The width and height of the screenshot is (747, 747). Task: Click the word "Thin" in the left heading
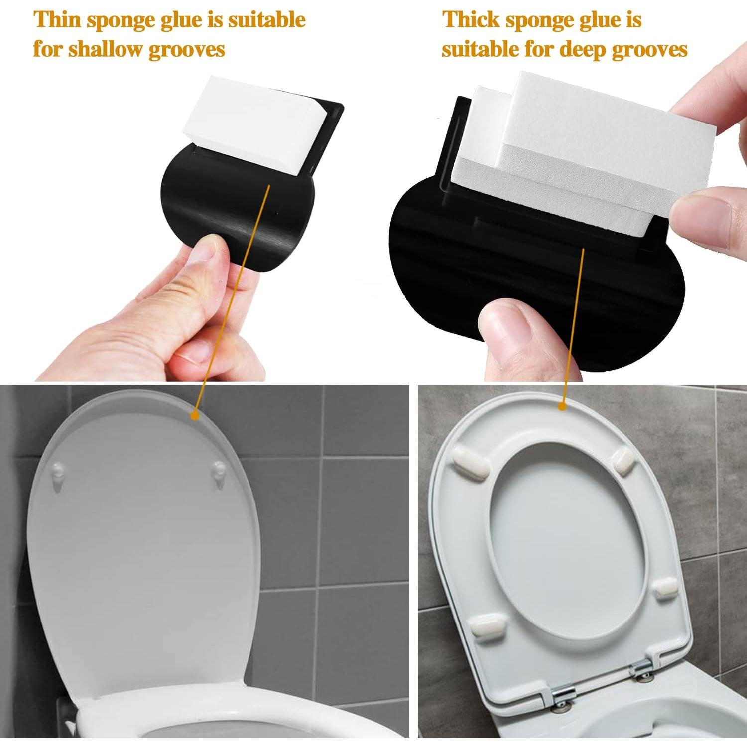57,20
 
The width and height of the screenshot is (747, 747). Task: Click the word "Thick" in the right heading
471,20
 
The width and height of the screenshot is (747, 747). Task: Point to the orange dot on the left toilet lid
195,414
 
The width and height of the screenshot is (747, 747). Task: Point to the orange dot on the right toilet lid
562,406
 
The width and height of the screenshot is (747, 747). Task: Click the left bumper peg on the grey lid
59,471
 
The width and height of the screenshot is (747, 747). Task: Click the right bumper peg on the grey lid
219,470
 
